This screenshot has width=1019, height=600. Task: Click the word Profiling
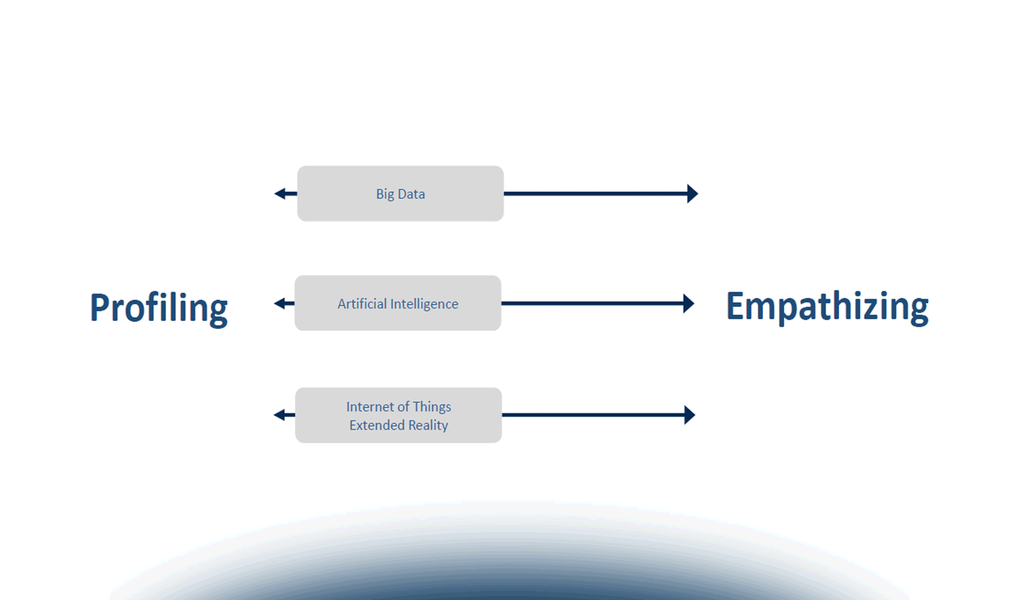pyautogui.click(x=158, y=307)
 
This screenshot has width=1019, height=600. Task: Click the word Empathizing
pyautogui.click(x=827, y=306)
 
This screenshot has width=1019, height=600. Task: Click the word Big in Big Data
pyautogui.click(x=385, y=194)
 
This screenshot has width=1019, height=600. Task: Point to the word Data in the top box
pyautogui.click(x=411, y=194)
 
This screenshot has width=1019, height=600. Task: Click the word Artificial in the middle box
pyautogui.click(x=362, y=303)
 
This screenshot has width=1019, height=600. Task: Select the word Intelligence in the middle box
pyautogui.click(x=424, y=303)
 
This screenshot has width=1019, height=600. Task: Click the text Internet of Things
pyautogui.click(x=398, y=406)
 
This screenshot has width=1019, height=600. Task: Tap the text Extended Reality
pyautogui.click(x=398, y=425)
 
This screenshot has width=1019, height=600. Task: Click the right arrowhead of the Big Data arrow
pyautogui.click(x=693, y=193)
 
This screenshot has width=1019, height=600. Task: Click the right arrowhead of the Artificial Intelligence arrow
pyautogui.click(x=689, y=303)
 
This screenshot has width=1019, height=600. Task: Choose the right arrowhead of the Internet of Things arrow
pyautogui.click(x=690, y=414)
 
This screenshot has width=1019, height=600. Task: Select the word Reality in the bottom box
pyautogui.click(x=428, y=425)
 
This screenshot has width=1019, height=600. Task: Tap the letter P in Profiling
pyautogui.click(x=100, y=307)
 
